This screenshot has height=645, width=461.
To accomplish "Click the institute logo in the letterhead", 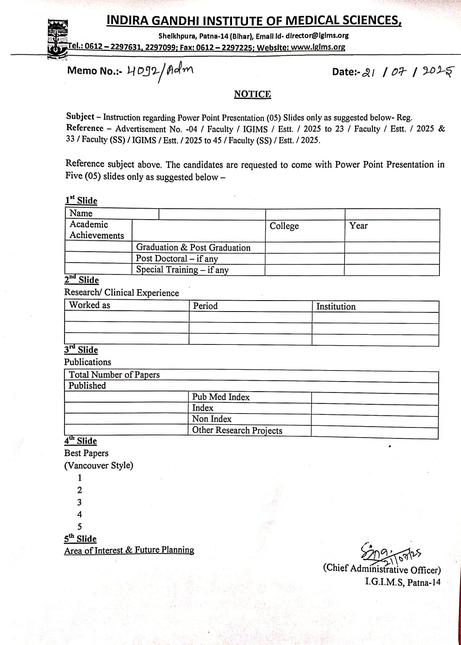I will tap(57, 39).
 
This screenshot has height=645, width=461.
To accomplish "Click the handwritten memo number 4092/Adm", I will tap(160, 71).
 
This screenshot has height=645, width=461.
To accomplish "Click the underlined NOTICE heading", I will tap(252, 94).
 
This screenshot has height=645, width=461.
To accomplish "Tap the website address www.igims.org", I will tap(318, 47).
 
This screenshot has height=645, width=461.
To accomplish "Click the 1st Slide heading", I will tap(81, 201).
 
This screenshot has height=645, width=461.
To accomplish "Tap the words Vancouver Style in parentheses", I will tap(99, 465).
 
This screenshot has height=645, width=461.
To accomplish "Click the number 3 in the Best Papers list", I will tap(80, 503).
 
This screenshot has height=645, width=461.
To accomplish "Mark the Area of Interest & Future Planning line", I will tap(129, 550).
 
